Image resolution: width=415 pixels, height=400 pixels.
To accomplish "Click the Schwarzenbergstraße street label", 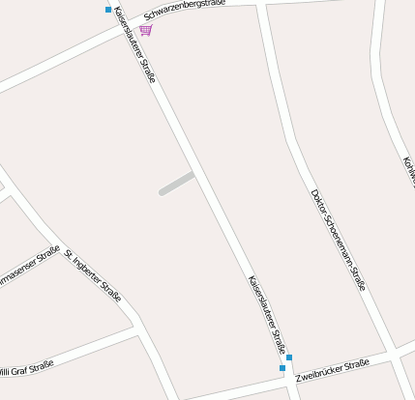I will [x=184, y=9].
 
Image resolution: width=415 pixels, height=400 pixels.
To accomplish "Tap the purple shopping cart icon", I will [x=145, y=30].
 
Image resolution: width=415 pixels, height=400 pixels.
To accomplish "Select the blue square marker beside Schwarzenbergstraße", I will [x=108, y=10].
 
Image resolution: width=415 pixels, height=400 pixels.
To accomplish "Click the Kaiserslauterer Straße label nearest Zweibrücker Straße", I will [x=266, y=314].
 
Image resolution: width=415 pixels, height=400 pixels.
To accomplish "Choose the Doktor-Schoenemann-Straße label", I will [x=338, y=238].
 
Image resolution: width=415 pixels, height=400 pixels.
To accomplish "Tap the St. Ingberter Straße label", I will [x=93, y=275].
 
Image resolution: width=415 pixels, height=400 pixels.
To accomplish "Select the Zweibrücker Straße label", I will [x=334, y=369].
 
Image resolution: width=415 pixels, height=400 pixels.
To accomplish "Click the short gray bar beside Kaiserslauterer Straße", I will [x=176, y=184].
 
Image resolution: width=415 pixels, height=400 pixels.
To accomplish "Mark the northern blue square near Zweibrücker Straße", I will [x=289, y=357].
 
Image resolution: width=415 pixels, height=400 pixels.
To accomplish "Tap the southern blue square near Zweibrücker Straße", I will [x=282, y=368].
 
